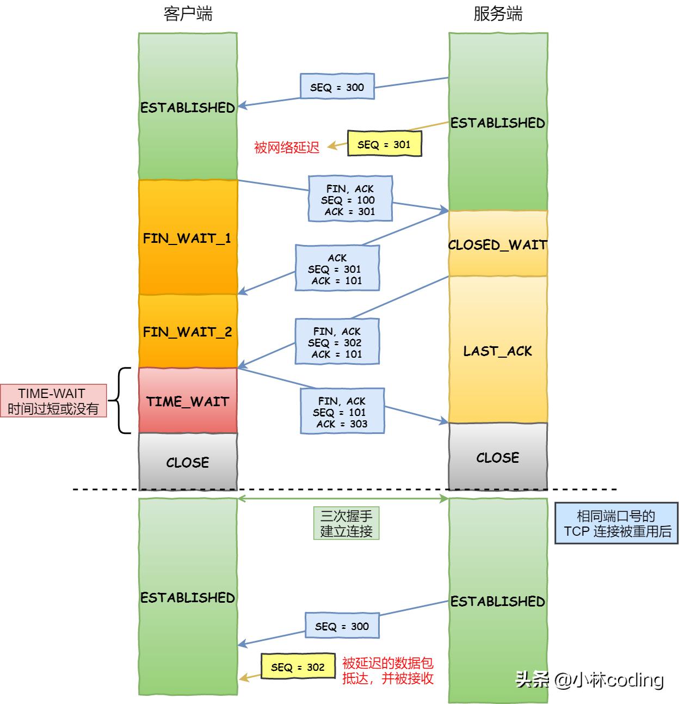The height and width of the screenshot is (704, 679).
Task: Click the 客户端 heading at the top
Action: pos(188,14)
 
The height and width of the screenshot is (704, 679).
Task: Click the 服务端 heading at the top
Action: pos(498,14)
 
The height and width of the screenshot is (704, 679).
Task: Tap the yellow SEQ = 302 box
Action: pos(298,666)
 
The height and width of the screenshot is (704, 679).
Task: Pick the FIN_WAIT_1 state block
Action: pos(188,238)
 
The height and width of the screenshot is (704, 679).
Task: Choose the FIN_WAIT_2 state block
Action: pos(188,331)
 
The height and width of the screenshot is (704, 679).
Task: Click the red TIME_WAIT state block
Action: pos(188,401)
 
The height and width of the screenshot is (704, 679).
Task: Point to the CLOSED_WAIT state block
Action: pos(498,244)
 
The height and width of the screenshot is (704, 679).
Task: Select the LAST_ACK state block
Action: pos(498,350)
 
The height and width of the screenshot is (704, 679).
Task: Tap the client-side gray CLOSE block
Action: pos(188,462)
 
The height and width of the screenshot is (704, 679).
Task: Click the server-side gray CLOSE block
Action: pos(498,457)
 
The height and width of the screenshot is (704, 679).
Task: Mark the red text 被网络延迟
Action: pos(287,147)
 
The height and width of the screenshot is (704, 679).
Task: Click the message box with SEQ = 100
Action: pos(350,199)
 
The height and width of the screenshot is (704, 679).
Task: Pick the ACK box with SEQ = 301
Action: pos(337,268)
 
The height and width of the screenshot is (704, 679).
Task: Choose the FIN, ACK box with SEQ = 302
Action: pos(337,342)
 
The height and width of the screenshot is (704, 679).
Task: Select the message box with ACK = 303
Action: pos(342,412)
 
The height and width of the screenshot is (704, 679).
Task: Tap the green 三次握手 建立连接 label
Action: pos(346,523)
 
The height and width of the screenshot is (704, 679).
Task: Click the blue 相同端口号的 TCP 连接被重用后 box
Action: pos(616,523)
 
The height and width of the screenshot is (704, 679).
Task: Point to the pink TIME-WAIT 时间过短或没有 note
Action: pos(53,401)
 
